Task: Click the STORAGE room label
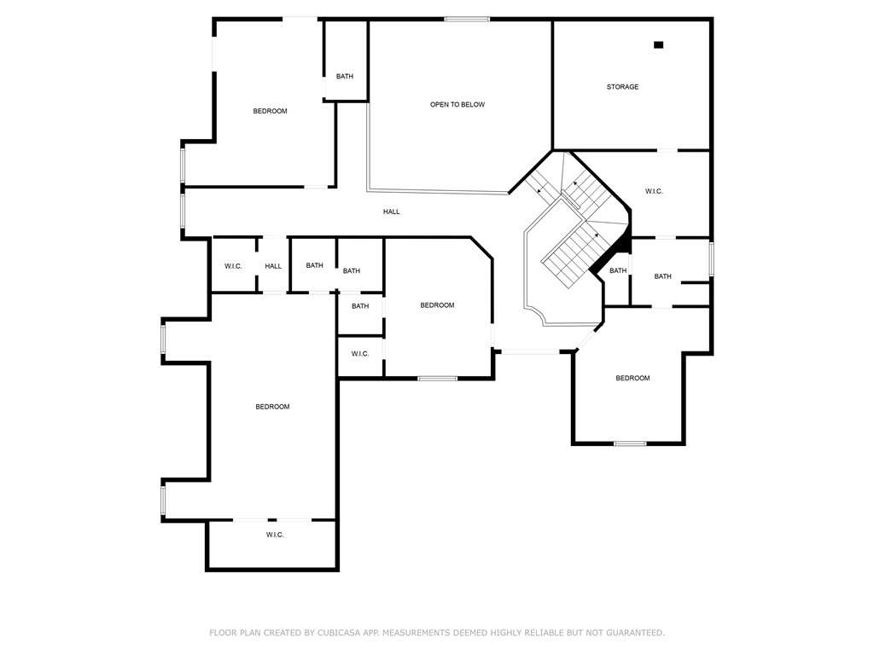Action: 622,87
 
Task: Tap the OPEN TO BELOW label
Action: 457,105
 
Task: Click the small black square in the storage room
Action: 658,45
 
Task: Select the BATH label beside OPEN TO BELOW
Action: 344,77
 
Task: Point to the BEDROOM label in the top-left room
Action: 270,112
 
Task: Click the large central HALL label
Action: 391,212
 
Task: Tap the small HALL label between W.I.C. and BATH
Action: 273,266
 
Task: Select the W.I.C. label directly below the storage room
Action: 654,191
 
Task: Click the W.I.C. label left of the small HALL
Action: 233,266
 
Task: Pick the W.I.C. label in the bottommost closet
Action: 275,535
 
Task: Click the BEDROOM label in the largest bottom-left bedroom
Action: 272,407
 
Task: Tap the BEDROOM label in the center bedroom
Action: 437,305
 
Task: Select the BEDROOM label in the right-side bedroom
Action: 632,378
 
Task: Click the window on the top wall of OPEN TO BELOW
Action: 467,19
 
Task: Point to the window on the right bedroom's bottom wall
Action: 630,443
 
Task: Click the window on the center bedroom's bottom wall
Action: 437,378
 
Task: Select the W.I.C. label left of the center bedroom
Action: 360,354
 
